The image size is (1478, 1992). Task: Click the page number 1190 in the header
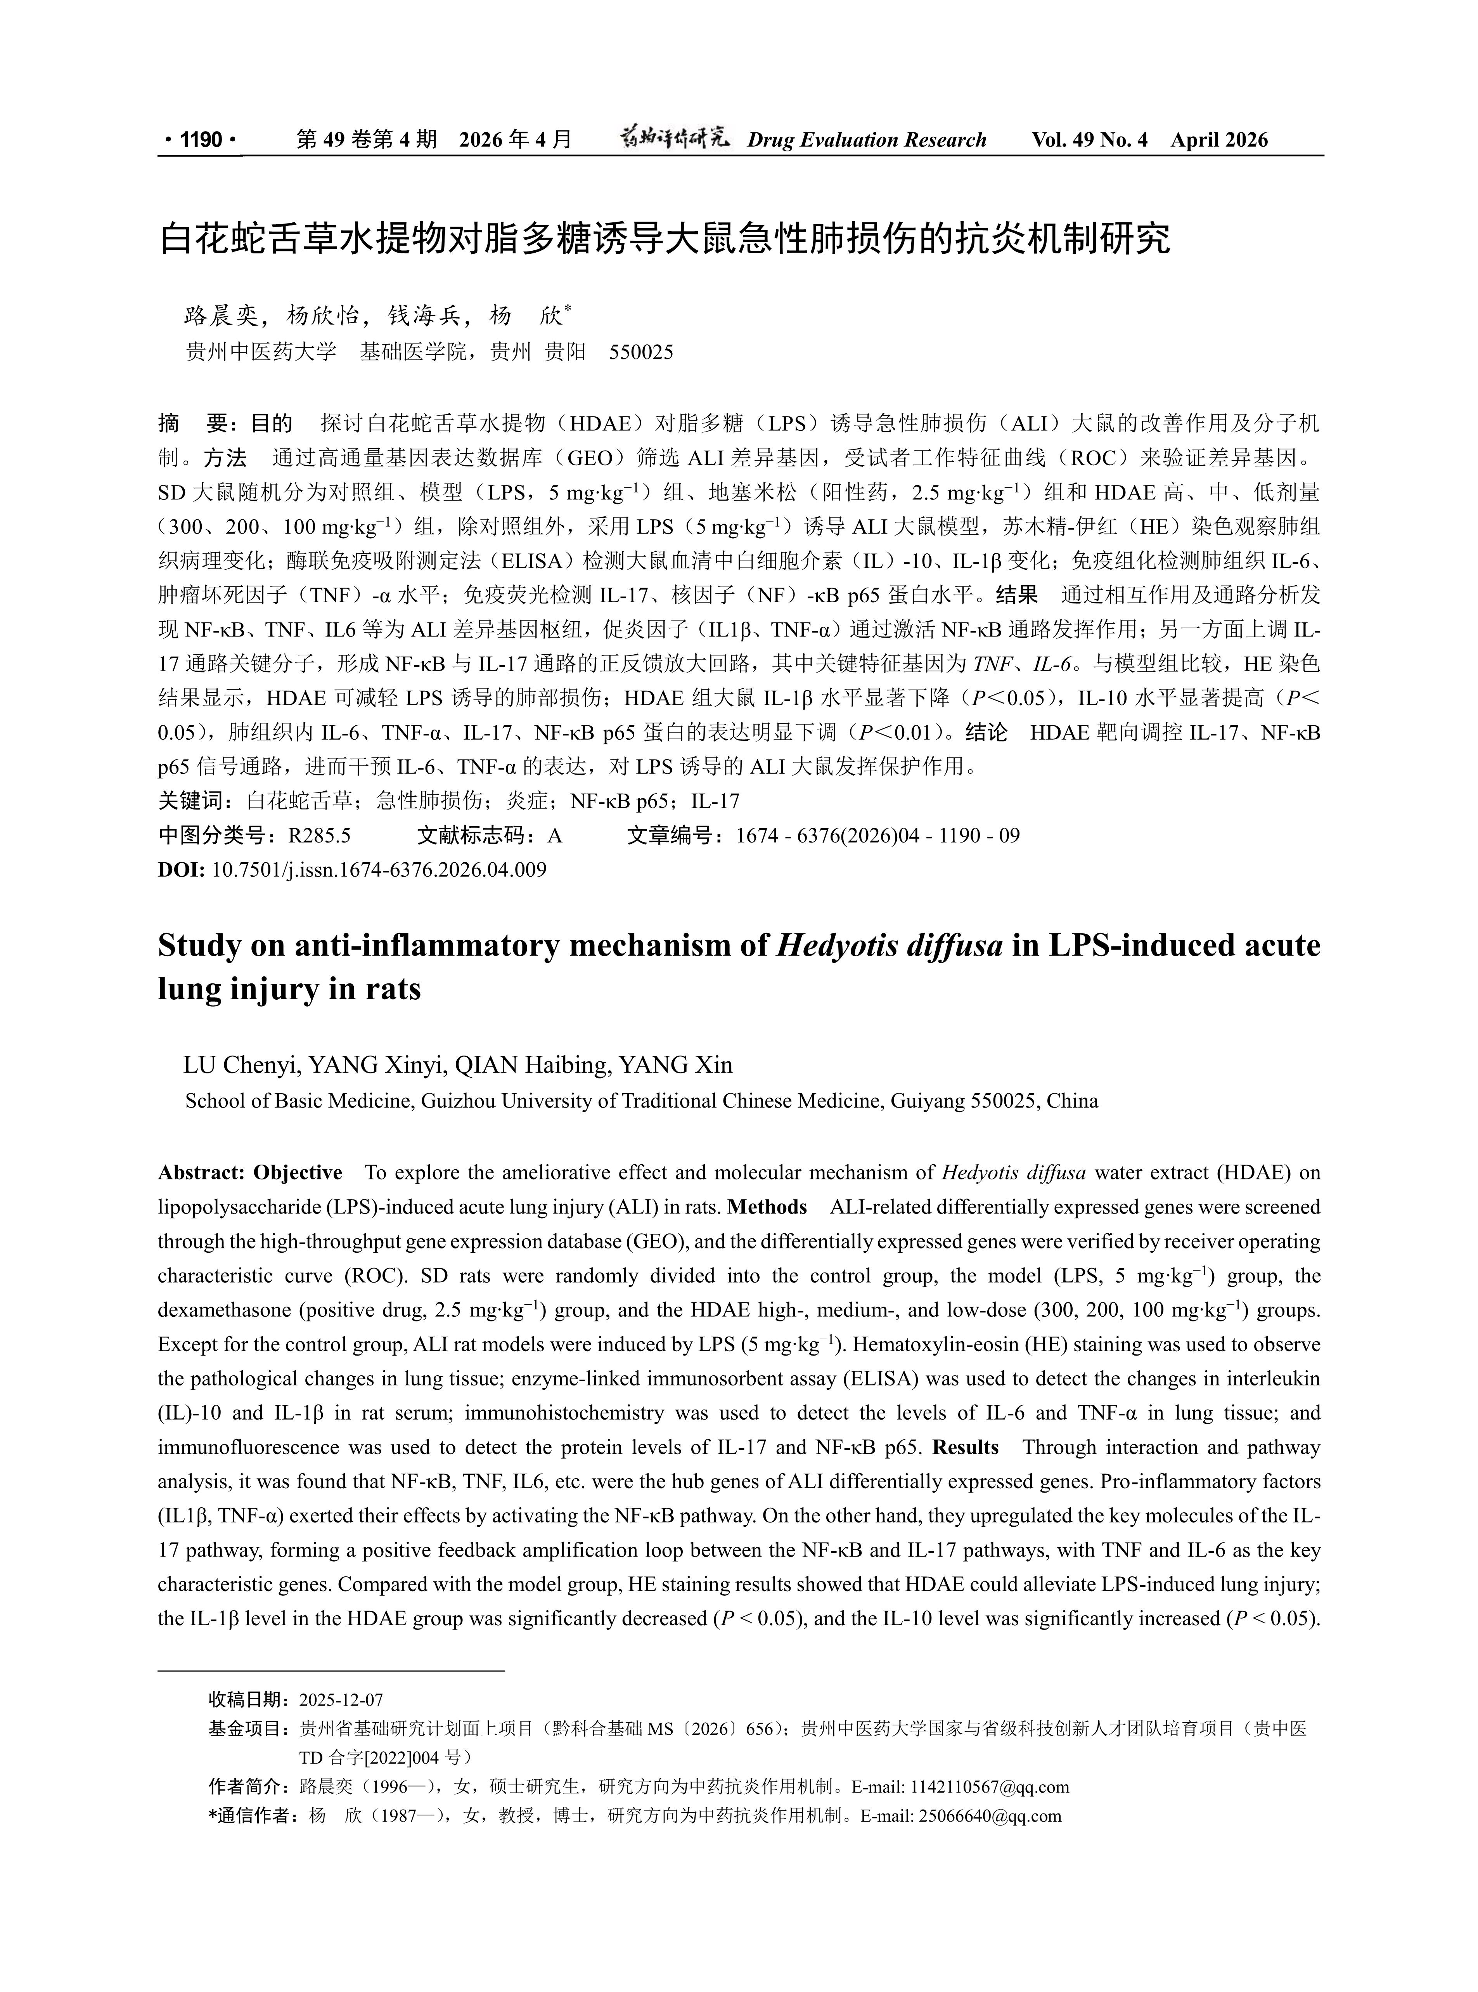click(201, 140)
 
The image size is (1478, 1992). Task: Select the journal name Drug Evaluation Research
click(866, 140)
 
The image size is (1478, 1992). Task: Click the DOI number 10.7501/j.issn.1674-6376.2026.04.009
click(379, 870)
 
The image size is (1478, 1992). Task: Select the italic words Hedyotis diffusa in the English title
click(890, 946)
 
